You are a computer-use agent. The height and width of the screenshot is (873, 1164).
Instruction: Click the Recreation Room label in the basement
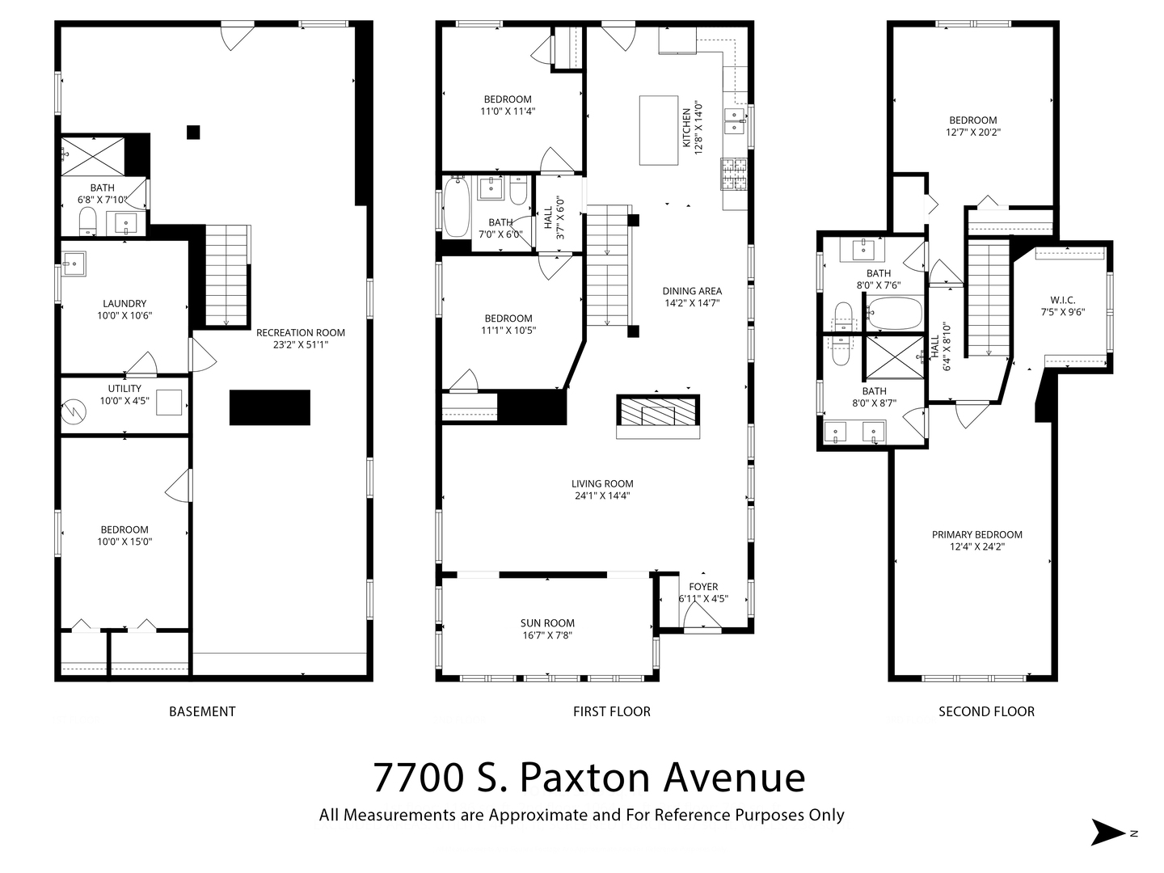300,332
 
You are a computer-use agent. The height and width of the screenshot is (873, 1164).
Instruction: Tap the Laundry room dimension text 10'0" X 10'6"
124,315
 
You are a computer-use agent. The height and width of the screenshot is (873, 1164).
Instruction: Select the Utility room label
124,389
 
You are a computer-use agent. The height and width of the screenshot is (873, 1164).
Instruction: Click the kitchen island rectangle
659,130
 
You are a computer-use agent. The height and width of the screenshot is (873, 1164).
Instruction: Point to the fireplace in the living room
657,411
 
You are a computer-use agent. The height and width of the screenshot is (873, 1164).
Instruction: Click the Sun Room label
547,622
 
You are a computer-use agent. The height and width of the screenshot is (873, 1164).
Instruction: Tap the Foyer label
703,587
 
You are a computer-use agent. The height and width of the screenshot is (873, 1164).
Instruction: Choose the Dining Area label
692,291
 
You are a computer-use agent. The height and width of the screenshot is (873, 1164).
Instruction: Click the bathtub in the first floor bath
457,207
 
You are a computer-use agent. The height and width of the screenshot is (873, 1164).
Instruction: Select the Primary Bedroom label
976,535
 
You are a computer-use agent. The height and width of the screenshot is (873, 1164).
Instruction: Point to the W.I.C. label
1063,300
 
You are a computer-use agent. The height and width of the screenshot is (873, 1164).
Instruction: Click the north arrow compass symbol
1107,833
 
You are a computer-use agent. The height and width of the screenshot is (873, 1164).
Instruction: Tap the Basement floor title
202,711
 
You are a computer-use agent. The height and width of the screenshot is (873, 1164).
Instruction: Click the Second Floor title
986,711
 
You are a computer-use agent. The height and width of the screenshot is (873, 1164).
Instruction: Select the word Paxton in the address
584,778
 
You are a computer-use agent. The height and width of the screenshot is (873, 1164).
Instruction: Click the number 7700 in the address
419,778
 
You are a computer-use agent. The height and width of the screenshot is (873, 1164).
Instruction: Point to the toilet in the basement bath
88,221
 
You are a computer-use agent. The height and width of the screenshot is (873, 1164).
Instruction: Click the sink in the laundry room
74,264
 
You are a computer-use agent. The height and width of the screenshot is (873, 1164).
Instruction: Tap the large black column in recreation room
270,407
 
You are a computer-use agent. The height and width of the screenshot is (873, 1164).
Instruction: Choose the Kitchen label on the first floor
686,128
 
